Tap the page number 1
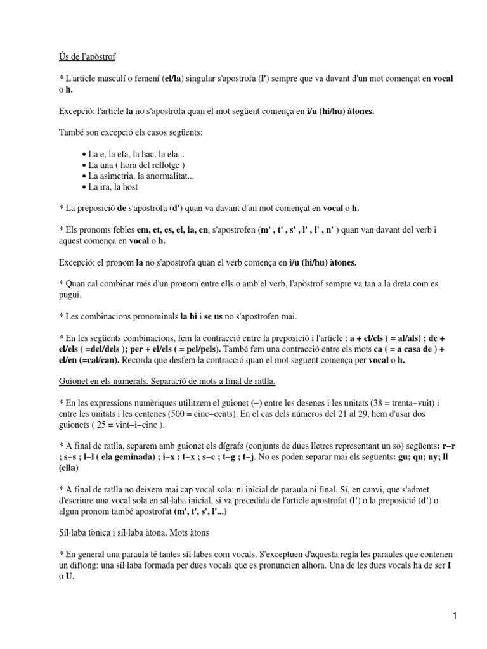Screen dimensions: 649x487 coord(455,615)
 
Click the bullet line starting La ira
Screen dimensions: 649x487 coord(113,187)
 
